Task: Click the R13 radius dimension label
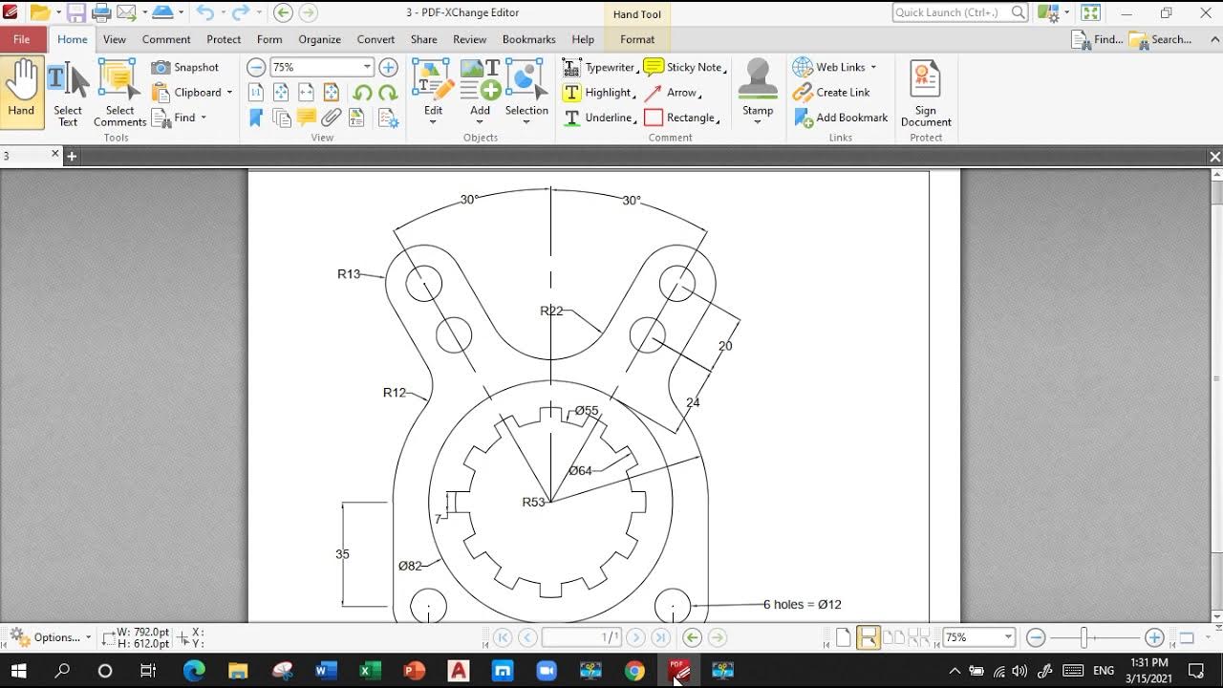pos(349,274)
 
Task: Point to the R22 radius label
pos(551,311)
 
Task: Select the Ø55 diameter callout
pos(587,411)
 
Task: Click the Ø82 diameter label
pos(410,566)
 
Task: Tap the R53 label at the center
pos(533,502)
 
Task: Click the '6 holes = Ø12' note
pos(802,604)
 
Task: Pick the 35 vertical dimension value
pos(342,554)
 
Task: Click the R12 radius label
pos(394,393)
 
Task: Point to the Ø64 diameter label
pos(580,470)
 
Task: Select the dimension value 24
pos(693,402)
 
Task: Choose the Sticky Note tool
pos(684,67)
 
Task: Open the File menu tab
pos(21,39)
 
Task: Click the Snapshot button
pos(186,67)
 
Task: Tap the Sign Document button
pos(926,93)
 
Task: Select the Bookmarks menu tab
pos(528,39)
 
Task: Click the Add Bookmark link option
pos(841,118)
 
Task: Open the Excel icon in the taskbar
pos(370,671)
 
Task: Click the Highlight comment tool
pos(598,93)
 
